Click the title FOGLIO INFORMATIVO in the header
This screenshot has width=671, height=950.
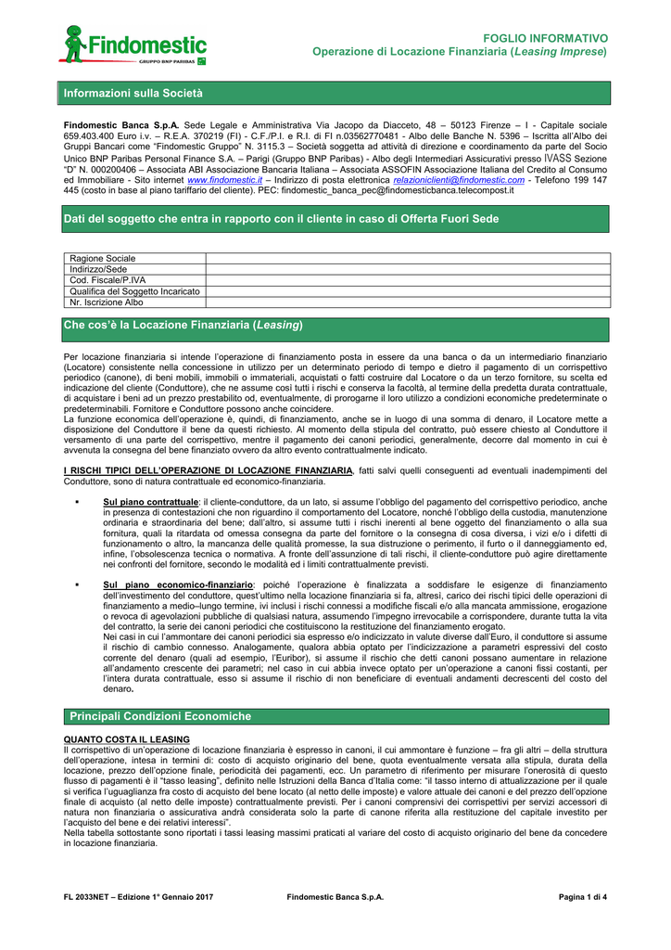point(551,38)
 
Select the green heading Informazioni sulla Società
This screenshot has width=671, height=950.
point(133,94)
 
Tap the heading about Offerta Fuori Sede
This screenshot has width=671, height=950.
point(281,219)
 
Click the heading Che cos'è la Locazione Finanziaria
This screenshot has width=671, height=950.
point(184,326)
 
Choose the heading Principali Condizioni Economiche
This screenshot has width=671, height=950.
point(160,716)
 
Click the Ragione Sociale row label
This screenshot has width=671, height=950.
point(103,258)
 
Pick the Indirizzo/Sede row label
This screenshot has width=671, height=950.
point(99,269)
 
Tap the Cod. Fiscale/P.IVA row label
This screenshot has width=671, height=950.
point(108,280)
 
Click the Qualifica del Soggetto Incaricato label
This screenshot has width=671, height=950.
point(135,291)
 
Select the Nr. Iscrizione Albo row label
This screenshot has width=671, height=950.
point(107,302)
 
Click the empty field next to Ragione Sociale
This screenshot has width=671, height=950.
point(408,258)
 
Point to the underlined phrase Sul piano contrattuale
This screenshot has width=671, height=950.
point(151,502)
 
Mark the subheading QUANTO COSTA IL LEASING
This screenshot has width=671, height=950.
point(126,739)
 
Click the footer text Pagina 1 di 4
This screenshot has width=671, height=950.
point(583,897)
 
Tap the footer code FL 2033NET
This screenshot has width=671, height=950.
point(90,897)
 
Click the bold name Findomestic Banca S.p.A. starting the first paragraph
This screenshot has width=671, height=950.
point(120,124)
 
